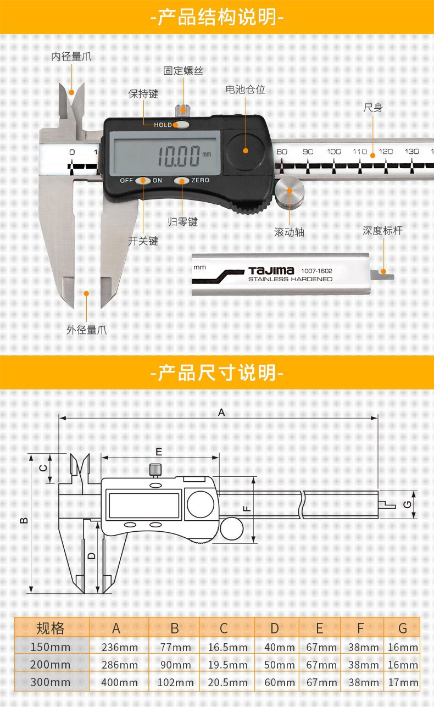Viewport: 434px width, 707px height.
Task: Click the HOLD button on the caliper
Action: pos(180,125)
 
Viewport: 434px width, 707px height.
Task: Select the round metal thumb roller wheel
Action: pos(290,193)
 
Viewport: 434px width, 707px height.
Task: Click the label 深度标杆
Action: pos(382,231)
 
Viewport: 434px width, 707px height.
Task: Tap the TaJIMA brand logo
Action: pos(271,271)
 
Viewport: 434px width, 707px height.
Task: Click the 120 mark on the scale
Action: pos(386,152)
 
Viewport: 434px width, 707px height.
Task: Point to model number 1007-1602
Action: pos(316,271)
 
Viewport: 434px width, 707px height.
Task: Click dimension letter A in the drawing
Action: pos(221,412)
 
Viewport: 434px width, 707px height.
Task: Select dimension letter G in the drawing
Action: pos(407,504)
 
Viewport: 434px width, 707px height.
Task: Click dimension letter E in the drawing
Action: pos(159,452)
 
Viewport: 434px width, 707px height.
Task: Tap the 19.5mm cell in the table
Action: pos(227,665)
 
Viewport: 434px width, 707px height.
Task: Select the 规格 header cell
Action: pos(51,628)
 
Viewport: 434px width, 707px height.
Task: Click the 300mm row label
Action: pos(51,683)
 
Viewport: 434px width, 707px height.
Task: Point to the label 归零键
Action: pos(182,222)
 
